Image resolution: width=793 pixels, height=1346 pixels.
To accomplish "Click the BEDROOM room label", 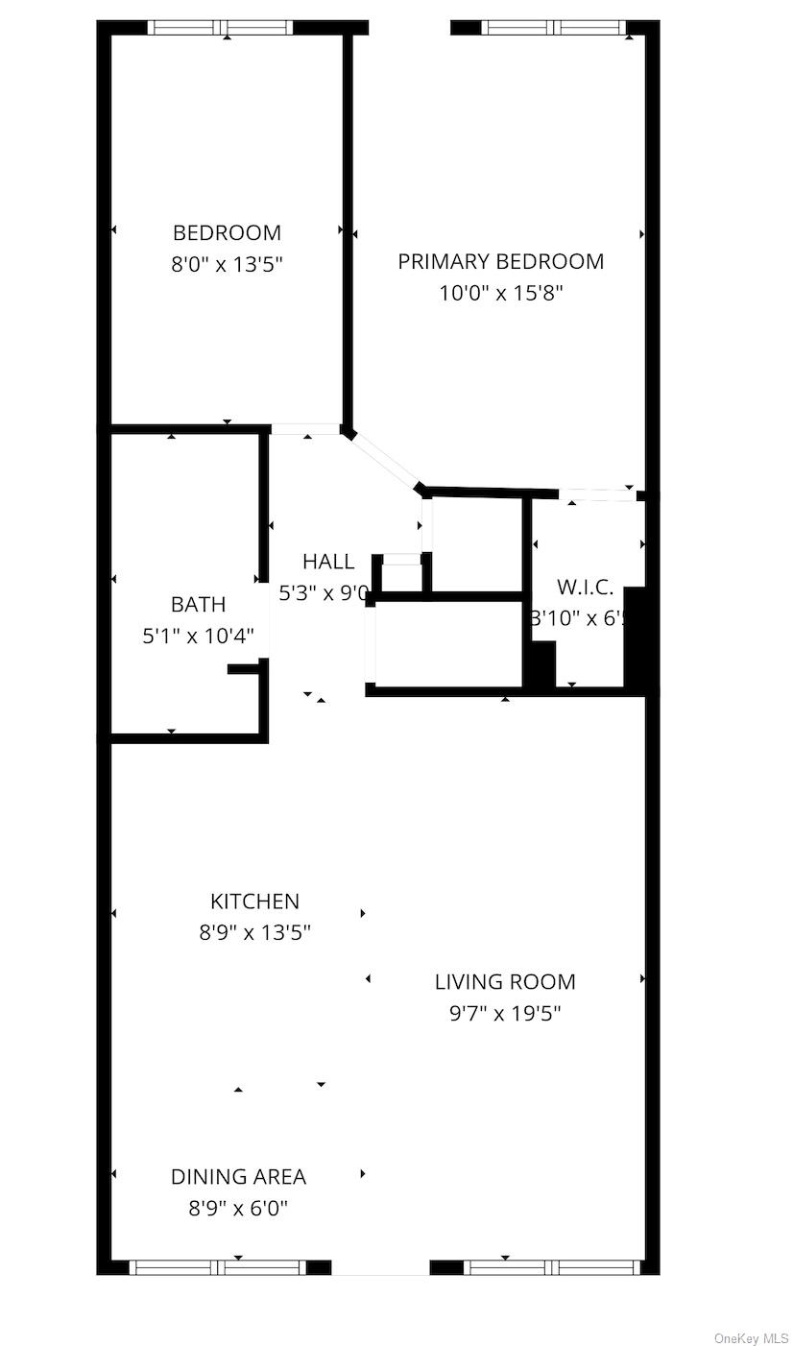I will point(227,232).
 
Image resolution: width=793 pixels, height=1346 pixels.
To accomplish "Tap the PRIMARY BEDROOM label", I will point(500,261).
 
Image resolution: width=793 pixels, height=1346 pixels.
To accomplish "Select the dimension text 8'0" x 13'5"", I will point(227,264).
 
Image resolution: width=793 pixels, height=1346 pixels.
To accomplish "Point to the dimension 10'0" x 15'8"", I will point(500,293).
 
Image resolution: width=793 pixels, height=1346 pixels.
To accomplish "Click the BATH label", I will point(198,604).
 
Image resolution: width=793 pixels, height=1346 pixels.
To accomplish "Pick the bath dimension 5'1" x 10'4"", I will point(198,636).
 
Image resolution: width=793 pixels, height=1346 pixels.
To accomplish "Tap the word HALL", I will point(328,562).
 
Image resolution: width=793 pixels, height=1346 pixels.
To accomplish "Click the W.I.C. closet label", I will point(585,588).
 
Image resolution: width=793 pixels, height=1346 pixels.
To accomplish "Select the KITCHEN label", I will point(254,901).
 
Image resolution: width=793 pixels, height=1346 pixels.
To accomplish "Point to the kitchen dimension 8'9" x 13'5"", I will point(254,932).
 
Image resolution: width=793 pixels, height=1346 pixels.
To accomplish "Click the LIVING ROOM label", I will point(505,982).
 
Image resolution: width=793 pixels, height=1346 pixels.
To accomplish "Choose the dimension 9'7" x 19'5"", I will point(505,1013).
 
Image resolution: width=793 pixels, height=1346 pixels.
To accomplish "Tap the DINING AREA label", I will point(238,1177).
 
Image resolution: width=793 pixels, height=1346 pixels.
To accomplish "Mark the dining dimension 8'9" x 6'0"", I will point(238,1208).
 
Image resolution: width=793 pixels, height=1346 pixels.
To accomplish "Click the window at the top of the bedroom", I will point(222,28).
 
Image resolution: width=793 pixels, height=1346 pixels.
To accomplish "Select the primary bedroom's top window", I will point(554,28).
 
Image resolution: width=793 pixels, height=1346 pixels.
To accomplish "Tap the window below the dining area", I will point(218,1267).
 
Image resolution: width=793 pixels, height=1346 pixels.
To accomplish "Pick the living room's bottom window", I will point(552,1267).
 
